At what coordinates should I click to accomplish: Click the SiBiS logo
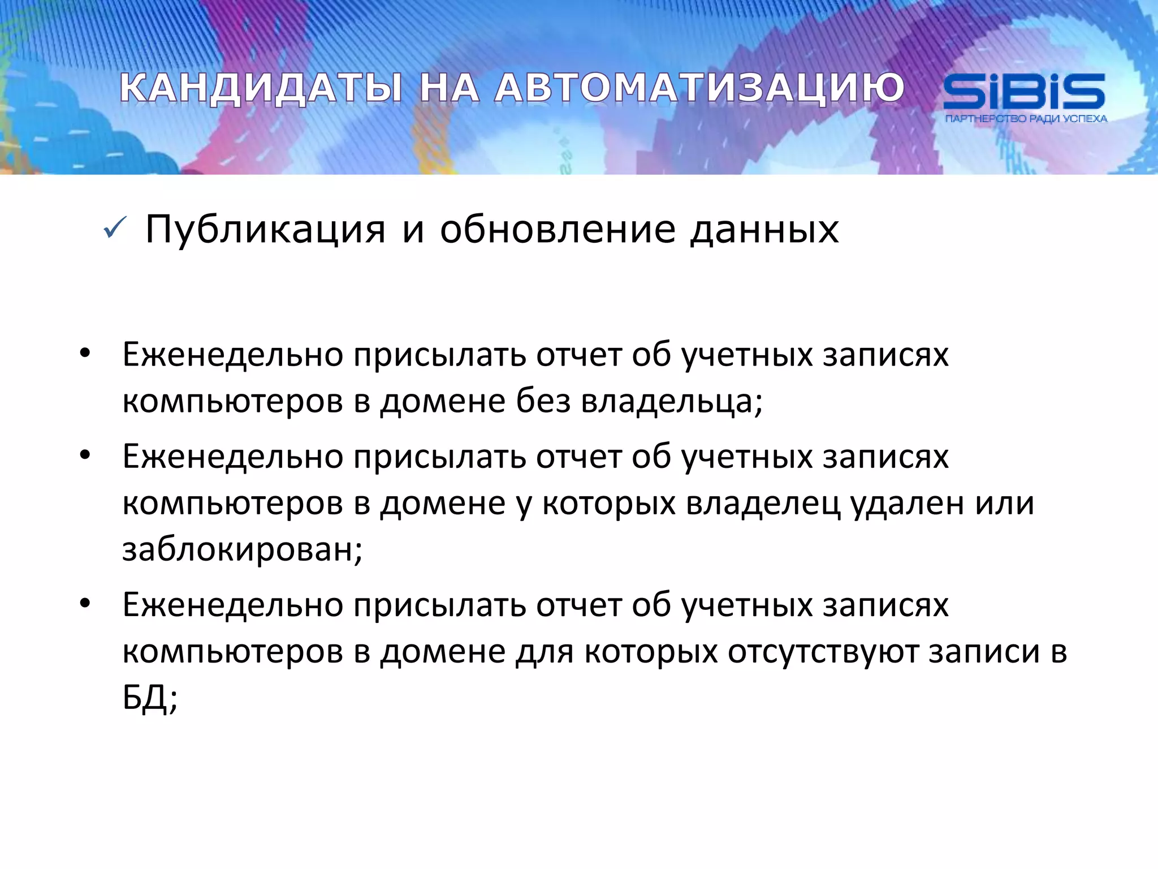pyautogui.click(x=1024, y=92)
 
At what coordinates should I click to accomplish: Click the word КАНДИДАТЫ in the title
pyautogui.click(x=261, y=89)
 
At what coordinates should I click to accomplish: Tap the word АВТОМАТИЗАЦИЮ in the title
pyautogui.click(x=699, y=89)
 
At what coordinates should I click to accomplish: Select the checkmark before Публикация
pyautogui.click(x=115, y=229)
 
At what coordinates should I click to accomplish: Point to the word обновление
pyautogui.click(x=558, y=230)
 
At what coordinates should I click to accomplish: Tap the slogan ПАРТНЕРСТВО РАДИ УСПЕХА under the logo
pyautogui.click(x=1026, y=119)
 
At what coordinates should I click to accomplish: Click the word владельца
pyautogui.click(x=672, y=402)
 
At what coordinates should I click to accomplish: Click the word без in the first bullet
pyautogui.click(x=543, y=401)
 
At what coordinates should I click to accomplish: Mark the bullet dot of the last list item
pyautogui.click(x=85, y=604)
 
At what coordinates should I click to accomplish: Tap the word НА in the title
pyautogui.click(x=449, y=89)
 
